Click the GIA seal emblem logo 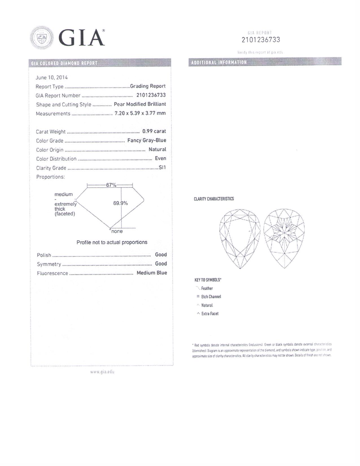click(42, 38)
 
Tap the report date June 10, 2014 click(52, 77)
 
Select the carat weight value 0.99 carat click(154, 131)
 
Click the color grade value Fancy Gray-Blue click(147, 140)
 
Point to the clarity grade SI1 click(162, 167)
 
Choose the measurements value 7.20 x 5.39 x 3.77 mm click(140, 113)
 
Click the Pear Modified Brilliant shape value click(140, 104)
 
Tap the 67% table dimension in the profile click(111, 185)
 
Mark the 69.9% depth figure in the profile click(121, 203)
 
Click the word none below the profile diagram click(117, 231)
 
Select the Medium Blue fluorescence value click(152, 273)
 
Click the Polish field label click(44, 255)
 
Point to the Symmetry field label click(49, 264)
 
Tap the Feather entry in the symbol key click(207, 288)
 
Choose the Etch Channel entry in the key click(211, 297)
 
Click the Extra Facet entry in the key click(210, 313)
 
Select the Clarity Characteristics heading click(214, 199)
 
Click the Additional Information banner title click(219, 62)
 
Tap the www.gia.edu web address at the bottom click(102, 372)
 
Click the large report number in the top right click(261, 40)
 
